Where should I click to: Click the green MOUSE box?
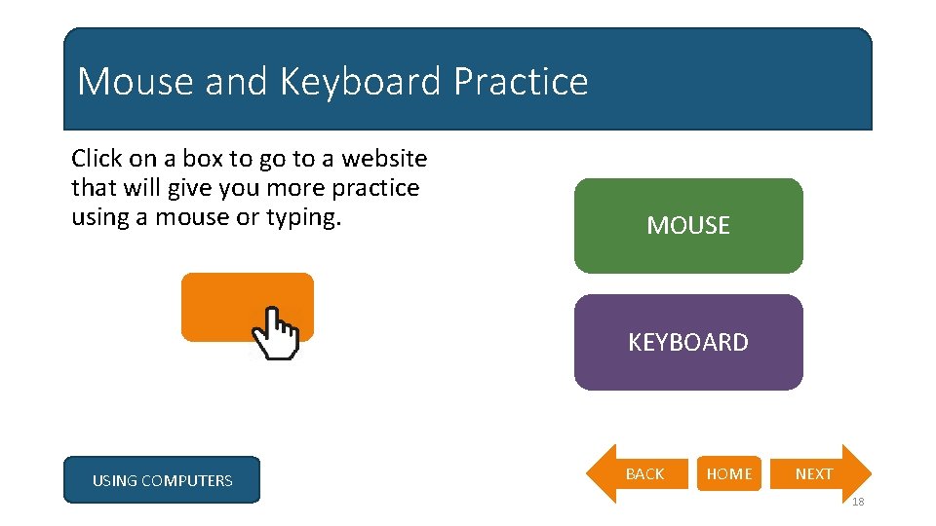click(x=688, y=226)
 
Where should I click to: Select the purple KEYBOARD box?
click(x=688, y=343)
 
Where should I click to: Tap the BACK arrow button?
click(x=639, y=474)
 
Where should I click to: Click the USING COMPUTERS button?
click(x=162, y=480)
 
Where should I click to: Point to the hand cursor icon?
click(x=276, y=334)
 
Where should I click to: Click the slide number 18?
click(x=857, y=502)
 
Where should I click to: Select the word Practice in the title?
click(x=521, y=82)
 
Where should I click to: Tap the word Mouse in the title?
click(x=136, y=82)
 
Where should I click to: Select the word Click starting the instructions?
click(x=97, y=159)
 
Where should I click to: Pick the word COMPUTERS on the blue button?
click(x=186, y=480)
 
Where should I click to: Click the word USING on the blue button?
click(x=114, y=480)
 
